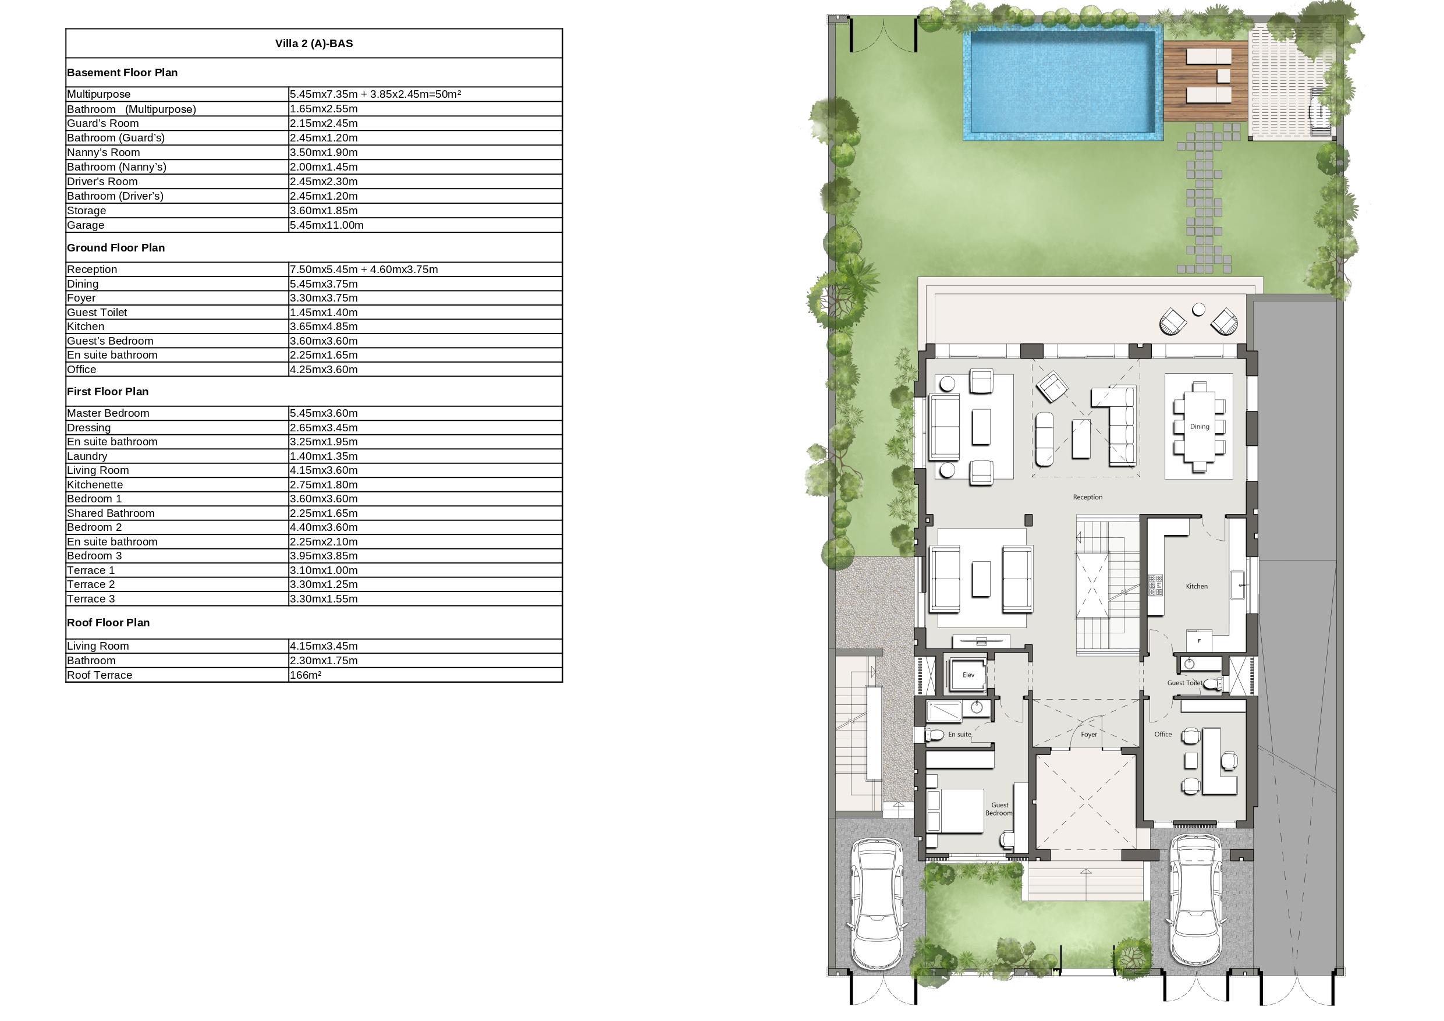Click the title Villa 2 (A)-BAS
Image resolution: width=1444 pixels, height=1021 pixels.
(x=314, y=44)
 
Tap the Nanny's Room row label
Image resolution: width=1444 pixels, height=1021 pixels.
(x=104, y=153)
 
